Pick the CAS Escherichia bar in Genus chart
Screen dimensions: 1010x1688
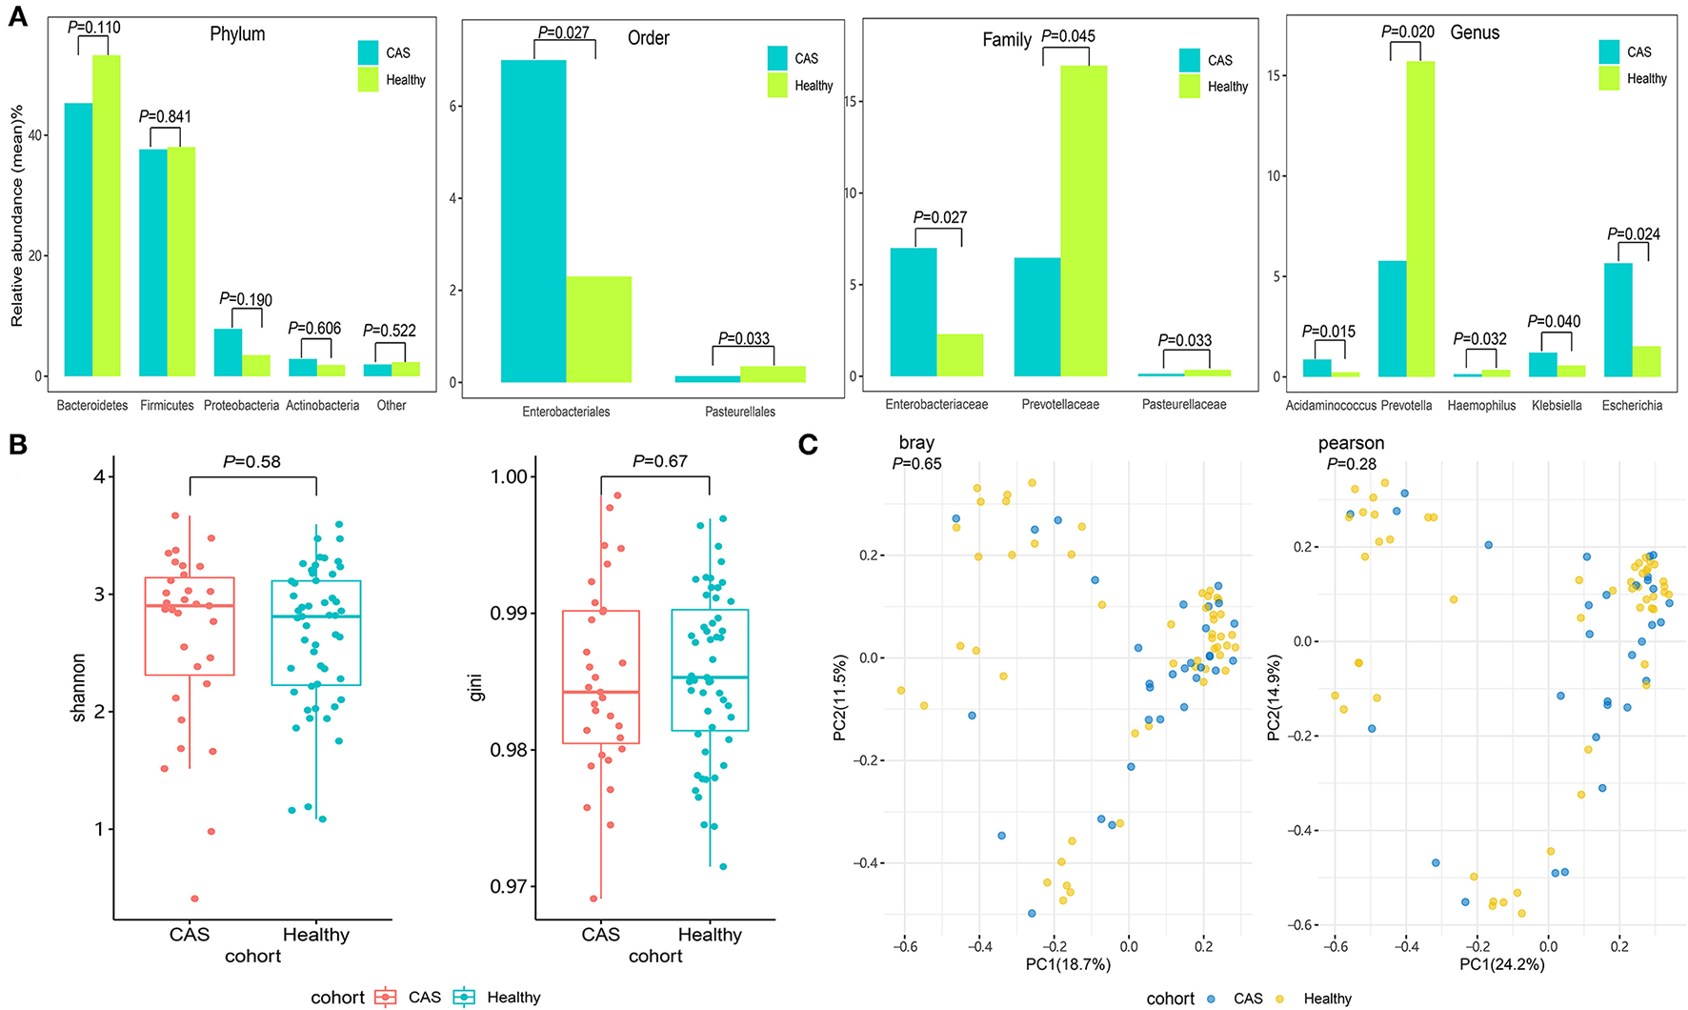click(x=1618, y=319)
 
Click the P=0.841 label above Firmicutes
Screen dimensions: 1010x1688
click(x=165, y=116)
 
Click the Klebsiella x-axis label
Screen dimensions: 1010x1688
click(x=1557, y=406)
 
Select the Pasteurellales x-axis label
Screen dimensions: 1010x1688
click(x=740, y=412)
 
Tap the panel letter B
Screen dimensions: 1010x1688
click(x=18, y=445)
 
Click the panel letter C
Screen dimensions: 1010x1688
click(x=807, y=444)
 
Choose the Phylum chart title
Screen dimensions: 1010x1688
click(x=237, y=34)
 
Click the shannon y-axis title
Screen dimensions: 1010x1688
click(x=79, y=686)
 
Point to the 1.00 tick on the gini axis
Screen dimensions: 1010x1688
click(x=508, y=476)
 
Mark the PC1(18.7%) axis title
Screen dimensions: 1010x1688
click(x=1068, y=964)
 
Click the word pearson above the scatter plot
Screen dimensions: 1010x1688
click(x=1351, y=443)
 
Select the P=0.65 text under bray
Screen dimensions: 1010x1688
click(x=916, y=464)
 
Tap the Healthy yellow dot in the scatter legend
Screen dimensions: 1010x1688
click(x=1280, y=999)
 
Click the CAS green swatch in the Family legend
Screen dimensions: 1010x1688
click(x=1190, y=60)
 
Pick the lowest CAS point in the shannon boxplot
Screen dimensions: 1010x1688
click(x=194, y=899)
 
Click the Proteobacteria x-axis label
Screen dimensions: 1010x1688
click(x=241, y=406)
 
